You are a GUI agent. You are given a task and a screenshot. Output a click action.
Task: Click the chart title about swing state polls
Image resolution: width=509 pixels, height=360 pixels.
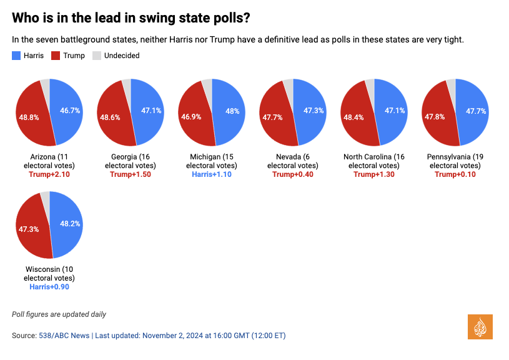point(131,17)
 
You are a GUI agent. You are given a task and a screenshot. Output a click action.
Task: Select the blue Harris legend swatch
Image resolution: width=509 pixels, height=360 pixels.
point(16,56)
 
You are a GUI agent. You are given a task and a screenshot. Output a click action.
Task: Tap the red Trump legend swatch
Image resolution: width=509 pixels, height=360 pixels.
point(56,56)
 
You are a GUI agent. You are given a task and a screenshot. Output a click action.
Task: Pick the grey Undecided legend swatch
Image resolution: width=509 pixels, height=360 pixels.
point(97,56)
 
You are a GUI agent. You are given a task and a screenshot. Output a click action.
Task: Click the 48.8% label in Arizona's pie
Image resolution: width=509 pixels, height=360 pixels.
point(29,117)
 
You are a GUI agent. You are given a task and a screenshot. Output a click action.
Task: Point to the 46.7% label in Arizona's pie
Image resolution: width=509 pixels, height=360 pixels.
point(69,111)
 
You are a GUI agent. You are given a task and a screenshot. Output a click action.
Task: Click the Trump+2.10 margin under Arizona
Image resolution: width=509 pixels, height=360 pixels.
point(49,174)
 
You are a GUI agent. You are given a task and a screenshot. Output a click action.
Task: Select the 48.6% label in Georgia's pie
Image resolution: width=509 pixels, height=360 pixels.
point(111,117)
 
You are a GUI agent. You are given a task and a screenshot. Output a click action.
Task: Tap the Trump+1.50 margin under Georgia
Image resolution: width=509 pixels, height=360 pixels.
point(131,174)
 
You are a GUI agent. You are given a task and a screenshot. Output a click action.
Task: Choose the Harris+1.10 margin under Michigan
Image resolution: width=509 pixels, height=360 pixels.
point(212,174)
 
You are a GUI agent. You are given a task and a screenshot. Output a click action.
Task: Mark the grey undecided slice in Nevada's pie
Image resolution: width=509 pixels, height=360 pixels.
point(289,85)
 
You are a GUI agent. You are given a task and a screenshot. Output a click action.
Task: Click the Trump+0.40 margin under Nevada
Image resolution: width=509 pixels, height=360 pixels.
point(293,174)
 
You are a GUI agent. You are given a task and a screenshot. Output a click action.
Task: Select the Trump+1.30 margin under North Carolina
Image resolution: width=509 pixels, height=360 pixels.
point(374,174)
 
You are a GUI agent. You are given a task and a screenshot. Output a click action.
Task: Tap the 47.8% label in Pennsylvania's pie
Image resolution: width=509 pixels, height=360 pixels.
point(435,117)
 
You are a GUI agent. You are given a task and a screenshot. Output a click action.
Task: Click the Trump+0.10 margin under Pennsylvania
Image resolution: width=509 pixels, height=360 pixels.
point(455,174)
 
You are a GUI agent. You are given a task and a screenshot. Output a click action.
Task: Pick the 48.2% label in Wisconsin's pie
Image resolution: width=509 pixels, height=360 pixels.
point(69,223)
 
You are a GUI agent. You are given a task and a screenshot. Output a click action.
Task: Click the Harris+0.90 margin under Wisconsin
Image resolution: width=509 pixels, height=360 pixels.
point(49,287)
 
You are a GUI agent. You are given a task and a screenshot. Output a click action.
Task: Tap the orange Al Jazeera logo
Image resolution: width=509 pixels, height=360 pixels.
point(480,327)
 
